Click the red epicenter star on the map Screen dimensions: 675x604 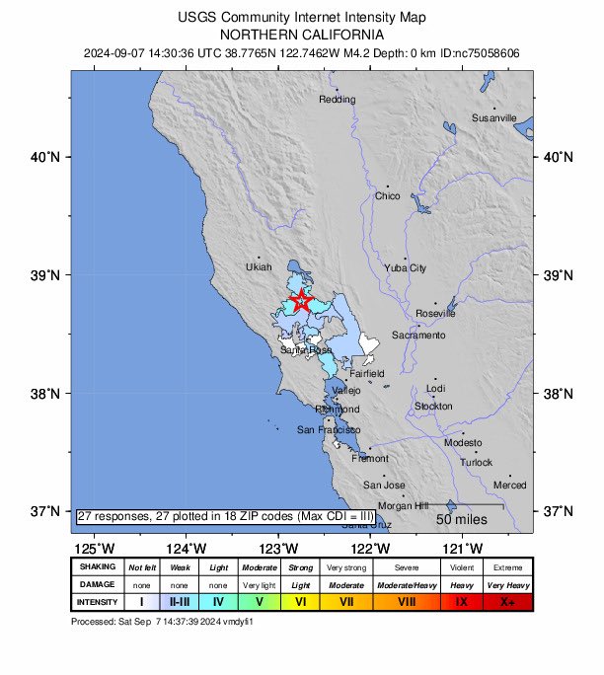(x=301, y=303)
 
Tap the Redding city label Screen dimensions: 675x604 (x=337, y=100)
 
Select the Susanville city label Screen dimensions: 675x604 (x=493, y=117)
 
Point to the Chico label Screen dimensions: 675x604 (x=387, y=196)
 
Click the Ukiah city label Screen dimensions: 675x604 (x=258, y=267)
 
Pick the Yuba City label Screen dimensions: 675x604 (x=405, y=267)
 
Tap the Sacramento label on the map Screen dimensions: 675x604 (x=418, y=336)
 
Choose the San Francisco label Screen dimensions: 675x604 (x=329, y=430)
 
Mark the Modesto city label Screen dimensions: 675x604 (x=464, y=443)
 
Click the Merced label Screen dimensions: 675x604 (x=510, y=486)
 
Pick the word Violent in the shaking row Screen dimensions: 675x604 (x=458, y=567)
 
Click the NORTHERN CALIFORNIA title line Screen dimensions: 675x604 (x=302, y=34)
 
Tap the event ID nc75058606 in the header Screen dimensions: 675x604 (x=486, y=52)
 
